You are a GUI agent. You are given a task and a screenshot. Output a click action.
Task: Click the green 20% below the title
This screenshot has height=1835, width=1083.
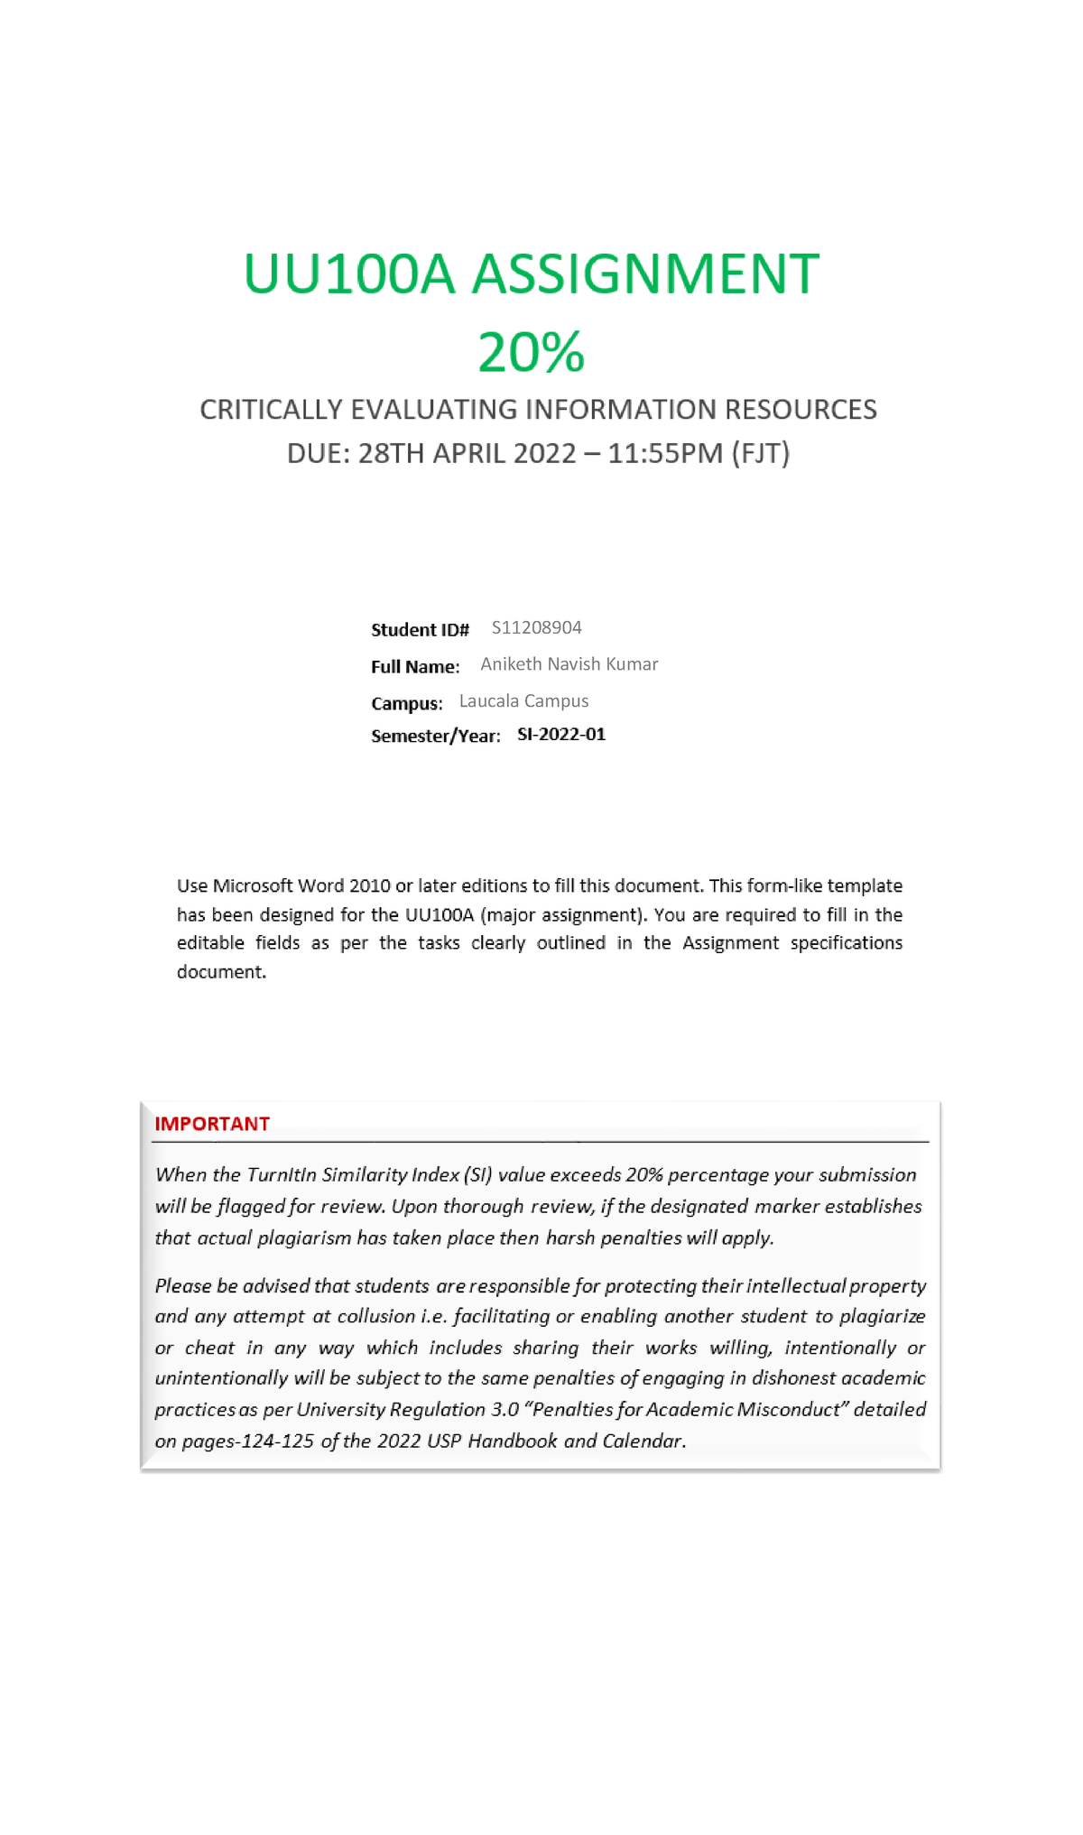(x=531, y=352)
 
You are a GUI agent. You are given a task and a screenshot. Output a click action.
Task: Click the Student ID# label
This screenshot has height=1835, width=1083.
(x=420, y=629)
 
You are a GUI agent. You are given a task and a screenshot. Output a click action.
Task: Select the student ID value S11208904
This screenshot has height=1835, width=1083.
(x=536, y=627)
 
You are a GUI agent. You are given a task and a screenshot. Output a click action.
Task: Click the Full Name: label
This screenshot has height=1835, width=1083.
(x=415, y=666)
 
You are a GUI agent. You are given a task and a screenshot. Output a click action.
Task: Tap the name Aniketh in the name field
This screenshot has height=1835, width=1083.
(x=511, y=664)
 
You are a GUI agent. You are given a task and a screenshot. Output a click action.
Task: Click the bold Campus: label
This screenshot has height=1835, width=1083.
(x=406, y=703)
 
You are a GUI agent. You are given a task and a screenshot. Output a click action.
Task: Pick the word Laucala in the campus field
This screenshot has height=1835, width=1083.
(x=488, y=701)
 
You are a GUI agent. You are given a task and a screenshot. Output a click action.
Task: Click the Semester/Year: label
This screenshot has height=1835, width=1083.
(x=435, y=736)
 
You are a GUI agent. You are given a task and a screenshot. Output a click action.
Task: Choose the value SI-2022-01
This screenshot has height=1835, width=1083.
(x=560, y=735)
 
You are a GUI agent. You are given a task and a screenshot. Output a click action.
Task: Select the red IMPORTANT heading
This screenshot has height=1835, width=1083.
(x=212, y=1124)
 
